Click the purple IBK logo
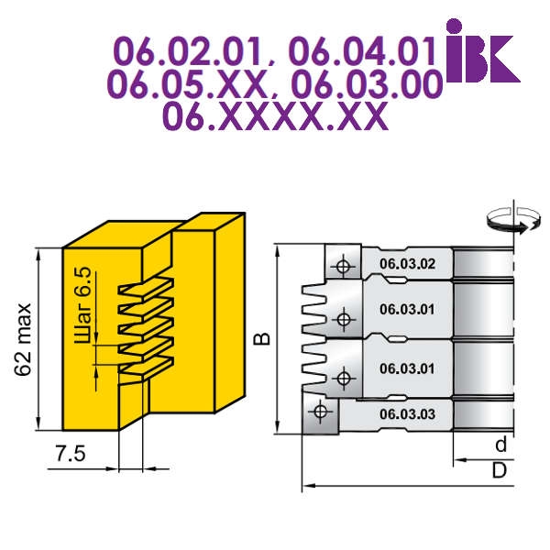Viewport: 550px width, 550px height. click(483, 51)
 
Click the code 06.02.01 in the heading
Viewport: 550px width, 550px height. click(189, 52)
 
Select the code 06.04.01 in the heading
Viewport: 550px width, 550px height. click(362, 52)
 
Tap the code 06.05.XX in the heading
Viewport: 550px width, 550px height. click(187, 84)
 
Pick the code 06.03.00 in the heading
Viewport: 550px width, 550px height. click(367, 84)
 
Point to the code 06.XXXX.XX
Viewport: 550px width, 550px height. click(276, 116)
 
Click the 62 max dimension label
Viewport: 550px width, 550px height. click(23, 339)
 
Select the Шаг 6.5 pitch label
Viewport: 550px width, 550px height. click(82, 305)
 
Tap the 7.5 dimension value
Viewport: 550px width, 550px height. click(71, 455)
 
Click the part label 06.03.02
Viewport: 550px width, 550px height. click(407, 264)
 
